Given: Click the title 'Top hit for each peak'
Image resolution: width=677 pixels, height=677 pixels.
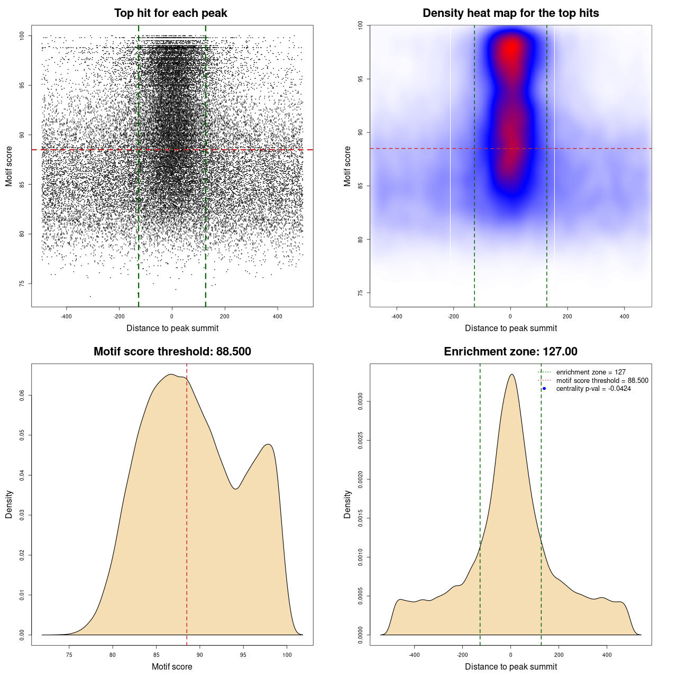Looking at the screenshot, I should pyautogui.click(x=170, y=13).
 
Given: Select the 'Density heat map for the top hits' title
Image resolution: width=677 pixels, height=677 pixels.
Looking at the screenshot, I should pyautogui.click(x=510, y=13).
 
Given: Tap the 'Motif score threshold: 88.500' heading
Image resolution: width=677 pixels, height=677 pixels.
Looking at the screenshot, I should pyautogui.click(x=172, y=352).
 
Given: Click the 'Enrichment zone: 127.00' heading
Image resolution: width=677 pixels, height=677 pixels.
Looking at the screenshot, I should pyautogui.click(x=510, y=352).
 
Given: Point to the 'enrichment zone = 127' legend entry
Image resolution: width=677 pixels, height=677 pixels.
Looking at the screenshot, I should pyautogui.click(x=591, y=372).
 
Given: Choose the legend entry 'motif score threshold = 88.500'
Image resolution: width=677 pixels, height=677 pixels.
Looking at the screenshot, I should pyautogui.click(x=602, y=381).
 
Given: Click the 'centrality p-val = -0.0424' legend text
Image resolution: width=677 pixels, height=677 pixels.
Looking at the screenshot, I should pyautogui.click(x=593, y=389).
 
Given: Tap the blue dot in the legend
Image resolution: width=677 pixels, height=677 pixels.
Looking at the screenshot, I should pyautogui.click(x=544, y=389).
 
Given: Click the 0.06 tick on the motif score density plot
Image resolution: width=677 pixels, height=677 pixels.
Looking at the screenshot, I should pyautogui.click(x=22, y=395).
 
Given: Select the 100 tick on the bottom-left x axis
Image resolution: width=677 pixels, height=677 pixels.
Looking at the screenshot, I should pyautogui.click(x=287, y=655).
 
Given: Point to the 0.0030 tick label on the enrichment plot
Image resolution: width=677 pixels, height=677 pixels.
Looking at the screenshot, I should pyautogui.click(x=361, y=402).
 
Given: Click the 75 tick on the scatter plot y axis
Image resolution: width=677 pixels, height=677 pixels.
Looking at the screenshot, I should pyautogui.click(x=22, y=283).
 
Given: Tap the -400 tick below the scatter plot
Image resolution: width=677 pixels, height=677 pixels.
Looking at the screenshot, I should pyautogui.click(x=66, y=316).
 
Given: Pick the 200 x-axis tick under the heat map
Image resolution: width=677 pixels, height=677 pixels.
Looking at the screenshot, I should pyautogui.click(x=568, y=316).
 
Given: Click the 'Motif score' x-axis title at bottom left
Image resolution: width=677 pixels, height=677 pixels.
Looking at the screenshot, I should pyautogui.click(x=172, y=666).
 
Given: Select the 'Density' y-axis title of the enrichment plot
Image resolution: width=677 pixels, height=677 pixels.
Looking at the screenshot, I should pyautogui.click(x=347, y=504).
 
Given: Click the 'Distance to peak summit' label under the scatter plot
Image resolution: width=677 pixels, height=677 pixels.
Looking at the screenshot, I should pyautogui.click(x=172, y=328).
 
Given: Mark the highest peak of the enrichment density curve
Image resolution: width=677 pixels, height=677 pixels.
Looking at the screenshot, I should pyautogui.click(x=511, y=374).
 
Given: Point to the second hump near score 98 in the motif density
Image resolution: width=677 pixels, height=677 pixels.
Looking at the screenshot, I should pyautogui.click(x=269, y=444).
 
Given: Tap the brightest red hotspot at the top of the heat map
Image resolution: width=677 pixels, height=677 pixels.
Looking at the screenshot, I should pyautogui.click(x=511, y=49).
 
